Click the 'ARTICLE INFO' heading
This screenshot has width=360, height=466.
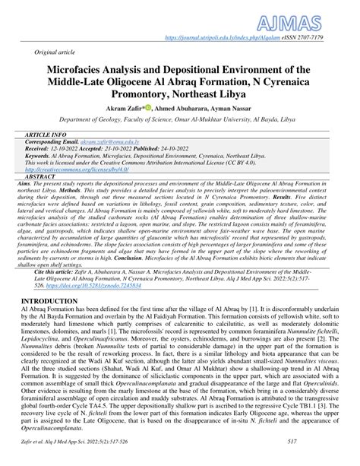click(x=49, y=134)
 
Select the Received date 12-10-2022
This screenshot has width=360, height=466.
click(x=84, y=148)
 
